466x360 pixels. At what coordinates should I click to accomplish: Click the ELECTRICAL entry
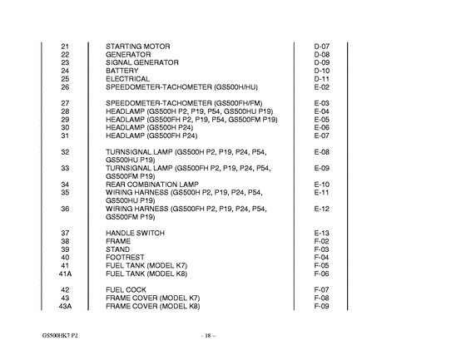point(128,79)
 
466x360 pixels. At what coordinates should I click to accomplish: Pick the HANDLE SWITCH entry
point(135,232)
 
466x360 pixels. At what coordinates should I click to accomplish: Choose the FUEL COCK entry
point(126,289)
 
